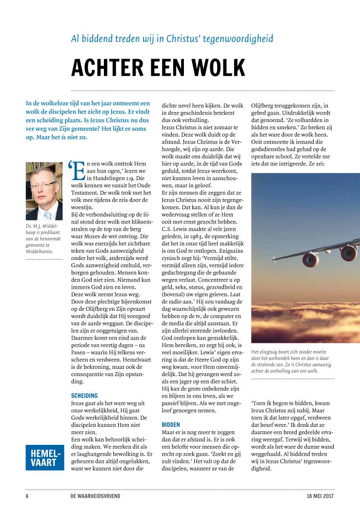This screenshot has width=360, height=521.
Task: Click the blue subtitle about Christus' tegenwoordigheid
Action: coord(172,39)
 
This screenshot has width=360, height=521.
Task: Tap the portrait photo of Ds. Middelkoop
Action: coord(44,191)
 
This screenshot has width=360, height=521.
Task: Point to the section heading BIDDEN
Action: coord(171,424)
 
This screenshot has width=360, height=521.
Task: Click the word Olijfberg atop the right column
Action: coord(264,104)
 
